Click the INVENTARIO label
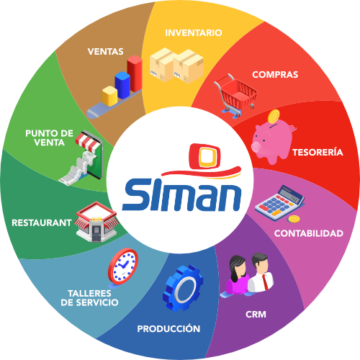click(194, 33)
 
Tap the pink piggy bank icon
click(273, 142)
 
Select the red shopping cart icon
click(235, 96)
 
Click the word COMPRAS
click(275, 75)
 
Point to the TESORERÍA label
click(318, 152)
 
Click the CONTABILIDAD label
click(309, 233)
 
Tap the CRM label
click(256, 314)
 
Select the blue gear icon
click(183, 288)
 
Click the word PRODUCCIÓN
click(168, 328)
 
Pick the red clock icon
click(123, 266)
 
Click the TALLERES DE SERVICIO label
click(89, 298)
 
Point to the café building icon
click(96, 221)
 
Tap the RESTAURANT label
click(42, 222)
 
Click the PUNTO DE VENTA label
click(49, 138)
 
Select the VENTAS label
click(106, 52)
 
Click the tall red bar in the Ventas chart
click(135, 73)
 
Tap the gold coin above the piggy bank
click(274, 117)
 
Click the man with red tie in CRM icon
click(260, 273)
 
